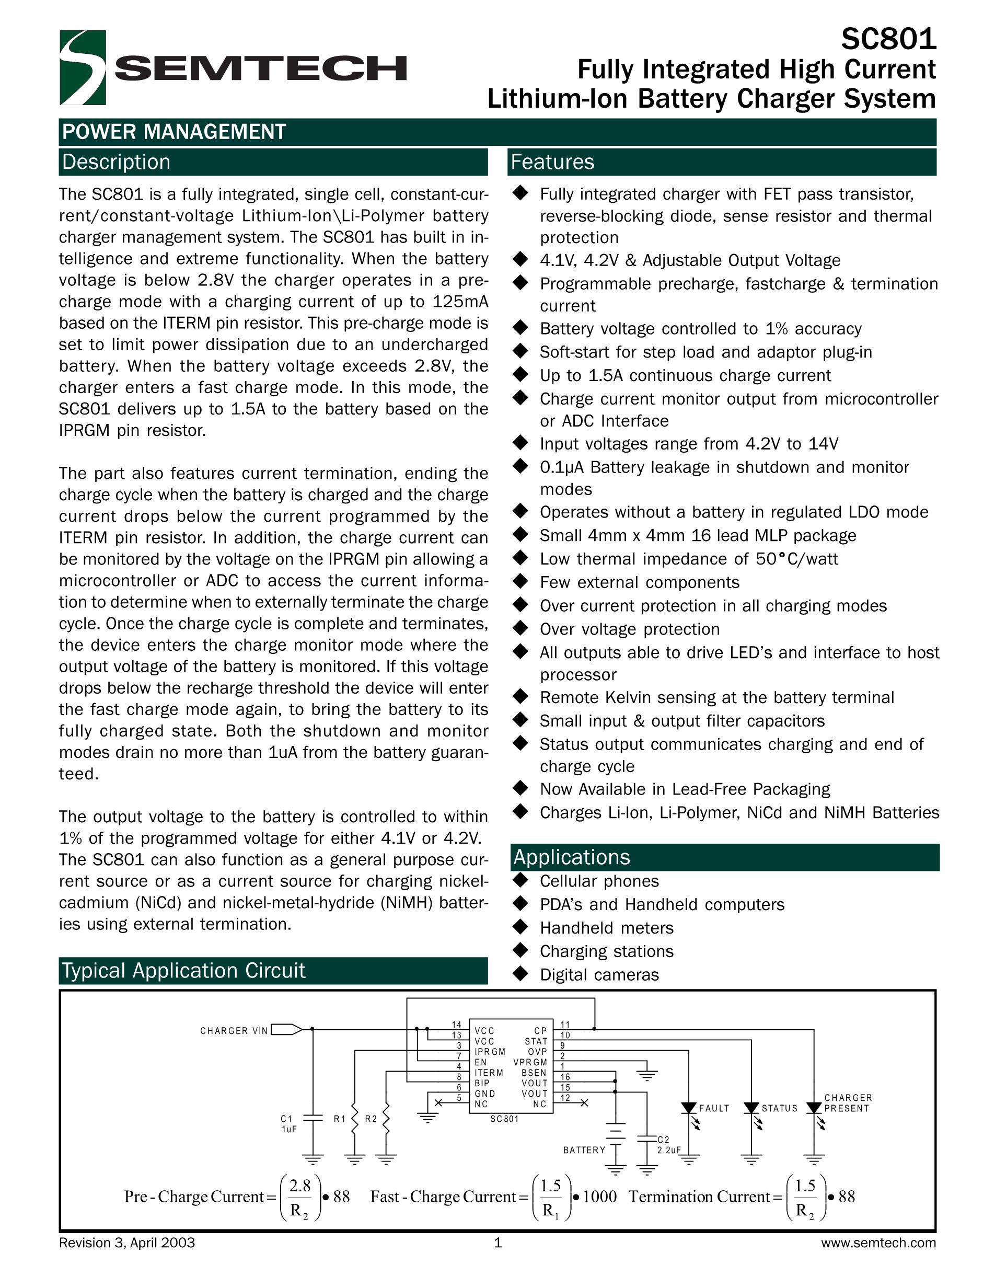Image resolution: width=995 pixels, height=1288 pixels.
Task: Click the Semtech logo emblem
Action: click(x=83, y=68)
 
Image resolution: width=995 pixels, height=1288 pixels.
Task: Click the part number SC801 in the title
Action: click(x=888, y=40)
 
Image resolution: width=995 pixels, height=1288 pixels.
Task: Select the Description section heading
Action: click(x=116, y=162)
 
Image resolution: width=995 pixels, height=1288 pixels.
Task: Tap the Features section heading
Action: click(x=552, y=162)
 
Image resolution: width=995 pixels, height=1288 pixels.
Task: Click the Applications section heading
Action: click(x=571, y=857)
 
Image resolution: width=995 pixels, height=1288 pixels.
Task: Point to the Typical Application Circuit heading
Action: click(x=183, y=971)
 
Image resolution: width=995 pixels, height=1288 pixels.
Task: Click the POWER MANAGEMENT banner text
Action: click(x=174, y=132)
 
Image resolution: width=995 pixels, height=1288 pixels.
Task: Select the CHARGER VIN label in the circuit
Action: click(x=234, y=1031)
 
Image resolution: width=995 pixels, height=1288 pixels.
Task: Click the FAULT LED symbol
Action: click(x=688, y=1109)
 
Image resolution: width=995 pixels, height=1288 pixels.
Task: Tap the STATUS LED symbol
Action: click(x=751, y=1109)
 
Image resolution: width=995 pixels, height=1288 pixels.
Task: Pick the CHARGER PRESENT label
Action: click(x=848, y=1103)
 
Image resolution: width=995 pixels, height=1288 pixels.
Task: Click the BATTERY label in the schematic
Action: click(x=584, y=1150)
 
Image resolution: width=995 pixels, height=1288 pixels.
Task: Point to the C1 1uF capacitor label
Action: click(x=288, y=1124)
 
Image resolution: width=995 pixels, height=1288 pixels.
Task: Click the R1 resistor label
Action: click(x=340, y=1119)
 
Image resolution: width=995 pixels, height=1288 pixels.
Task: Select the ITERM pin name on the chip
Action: click(x=489, y=1073)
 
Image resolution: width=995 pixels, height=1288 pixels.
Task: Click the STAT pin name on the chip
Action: click(x=536, y=1041)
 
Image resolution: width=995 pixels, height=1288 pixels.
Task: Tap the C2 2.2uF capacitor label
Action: click(x=668, y=1145)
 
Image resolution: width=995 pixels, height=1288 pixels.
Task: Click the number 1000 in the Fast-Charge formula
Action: click(x=599, y=1197)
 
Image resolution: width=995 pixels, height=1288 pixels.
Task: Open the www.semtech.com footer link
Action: click(x=878, y=1243)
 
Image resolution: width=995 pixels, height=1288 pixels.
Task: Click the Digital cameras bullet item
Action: click(x=599, y=975)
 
